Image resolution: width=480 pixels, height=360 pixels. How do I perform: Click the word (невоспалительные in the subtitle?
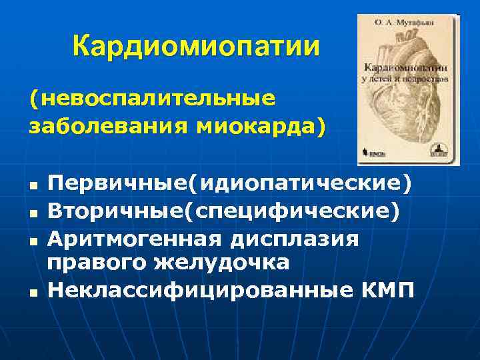click(151, 99)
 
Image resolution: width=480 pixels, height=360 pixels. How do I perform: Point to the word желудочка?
click(223, 263)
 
